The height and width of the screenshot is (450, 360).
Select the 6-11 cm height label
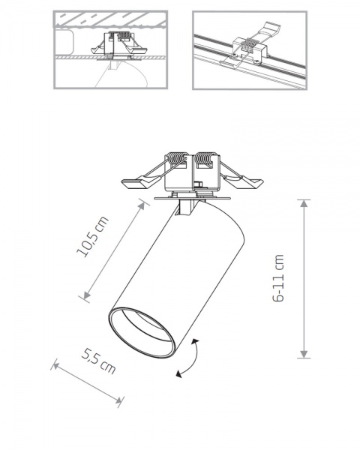pyautogui.click(x=280, y=278)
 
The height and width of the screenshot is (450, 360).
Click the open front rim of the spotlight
pyautogui.click(x=143, y=334)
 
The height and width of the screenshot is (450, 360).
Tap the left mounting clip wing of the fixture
pyautogui.click(x=135, y=182)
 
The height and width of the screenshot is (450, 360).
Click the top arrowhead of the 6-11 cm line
pyautogui.click(x=304, y=202)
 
